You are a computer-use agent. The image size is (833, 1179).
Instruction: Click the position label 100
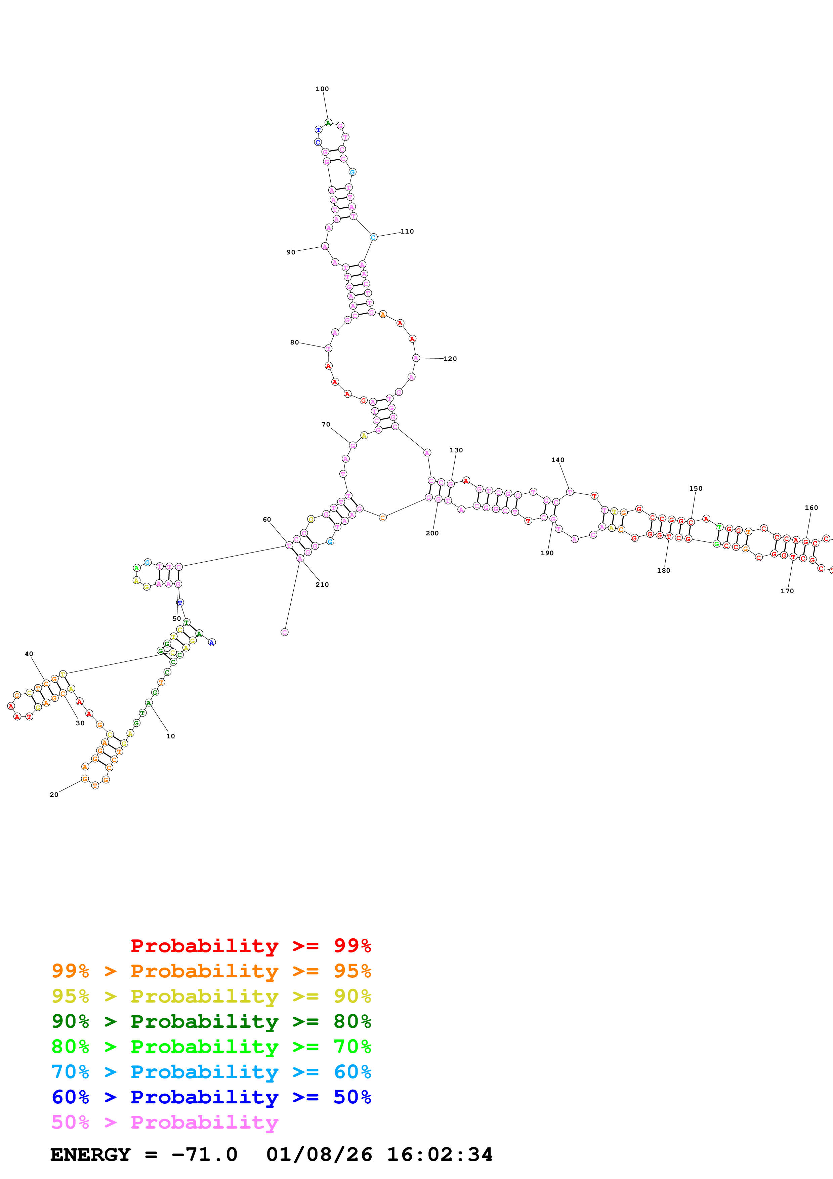(322, 89)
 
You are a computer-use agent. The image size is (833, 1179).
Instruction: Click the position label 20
(54, 795)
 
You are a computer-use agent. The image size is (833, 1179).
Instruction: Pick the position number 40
(29, 654)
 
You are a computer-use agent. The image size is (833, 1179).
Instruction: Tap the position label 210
(322, 584)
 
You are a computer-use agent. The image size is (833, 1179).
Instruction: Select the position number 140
(557, 460)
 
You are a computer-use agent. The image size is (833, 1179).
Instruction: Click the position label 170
(787, 591)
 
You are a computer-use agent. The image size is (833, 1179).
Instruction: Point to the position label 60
(267, 520)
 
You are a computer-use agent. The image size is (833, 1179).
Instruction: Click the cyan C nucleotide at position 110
(373, 237)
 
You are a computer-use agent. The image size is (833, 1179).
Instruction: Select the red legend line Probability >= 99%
(250, 946)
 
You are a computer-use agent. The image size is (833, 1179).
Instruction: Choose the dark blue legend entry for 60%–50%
(211, 1097)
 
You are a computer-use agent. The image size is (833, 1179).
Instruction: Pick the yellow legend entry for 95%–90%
(211, 996)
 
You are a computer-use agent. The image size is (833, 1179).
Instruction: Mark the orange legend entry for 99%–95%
(211, 971)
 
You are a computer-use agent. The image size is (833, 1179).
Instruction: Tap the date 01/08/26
(319, 1155)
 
